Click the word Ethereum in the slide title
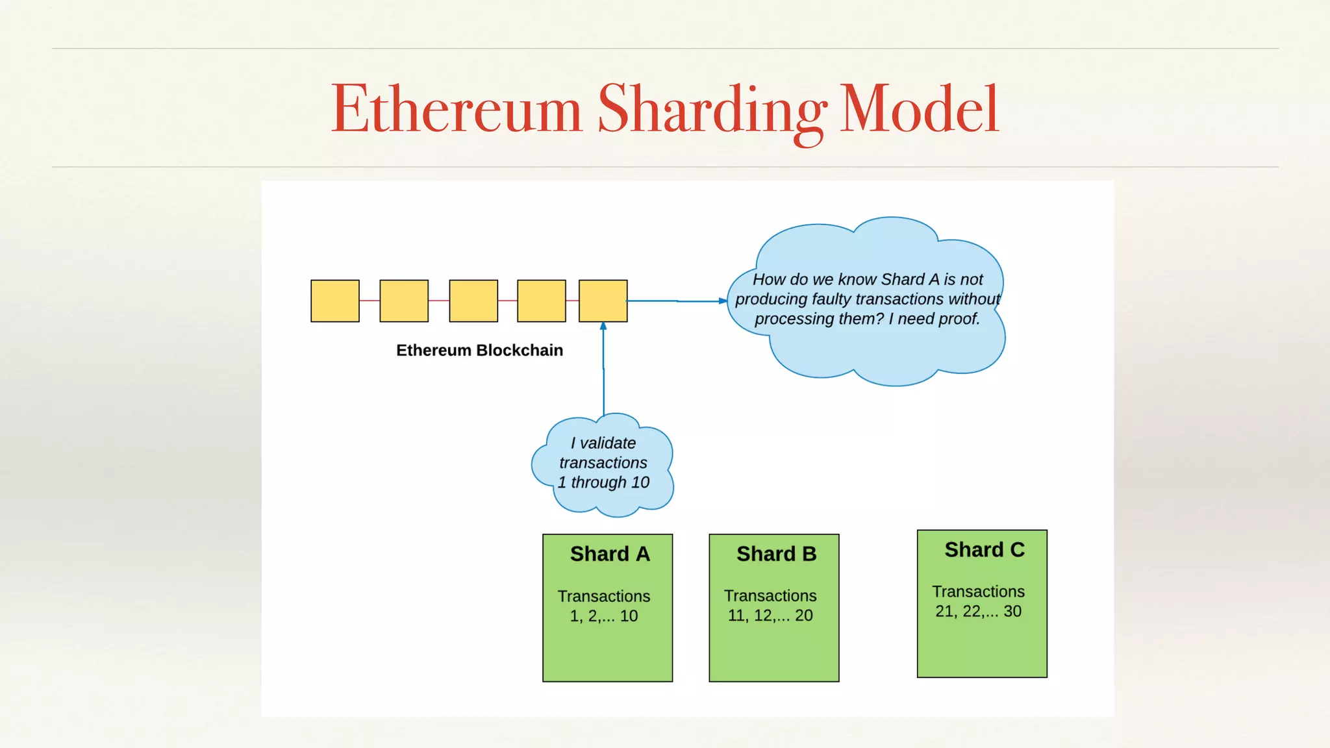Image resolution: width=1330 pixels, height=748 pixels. pyautogui.click(x=457, y=109)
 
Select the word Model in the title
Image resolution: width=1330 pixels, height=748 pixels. pyautogui.click(x=919, y=109)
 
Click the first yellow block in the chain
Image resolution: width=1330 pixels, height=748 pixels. pyautogui.click(x=335, y=301)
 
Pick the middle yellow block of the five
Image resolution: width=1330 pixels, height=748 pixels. pyautogui.click(x=473, y=301)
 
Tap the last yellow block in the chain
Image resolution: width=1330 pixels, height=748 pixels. pyautogui.click(x=603, y=301)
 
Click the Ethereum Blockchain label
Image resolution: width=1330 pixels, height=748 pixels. pyautogui.click(x=479, y=351)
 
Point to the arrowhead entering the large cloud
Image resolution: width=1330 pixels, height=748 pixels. pyautogui.click(x=723, y=301)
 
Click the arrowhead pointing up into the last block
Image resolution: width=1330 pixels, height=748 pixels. pyautogui.click(x=603, y=327)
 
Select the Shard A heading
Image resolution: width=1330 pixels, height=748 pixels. pyautogui.click(x=609, y=554)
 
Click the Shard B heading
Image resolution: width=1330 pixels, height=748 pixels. pyautogui.click(x=776, y=554)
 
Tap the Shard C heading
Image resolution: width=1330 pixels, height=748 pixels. pyautogui.click(x=984, y=550)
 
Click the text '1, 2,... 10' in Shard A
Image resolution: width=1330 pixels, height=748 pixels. pyautogui.click(x=604, y=616)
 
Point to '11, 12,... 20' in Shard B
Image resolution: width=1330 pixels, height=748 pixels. pyautogui.click(x=770, y=616)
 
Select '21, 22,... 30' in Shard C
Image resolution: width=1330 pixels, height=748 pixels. pyautogui.click(x=978, y=612)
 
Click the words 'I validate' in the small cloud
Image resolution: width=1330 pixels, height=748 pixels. pyautogui.click(x=603, y=443)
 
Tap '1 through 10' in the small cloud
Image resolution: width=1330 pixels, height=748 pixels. pyautogui.click(x=603, y=482)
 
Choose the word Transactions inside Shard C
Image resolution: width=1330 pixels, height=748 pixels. pyautogui.click(x=978, y=592)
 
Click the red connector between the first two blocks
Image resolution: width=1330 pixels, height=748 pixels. pyautogui.click(x=370, y=301)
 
